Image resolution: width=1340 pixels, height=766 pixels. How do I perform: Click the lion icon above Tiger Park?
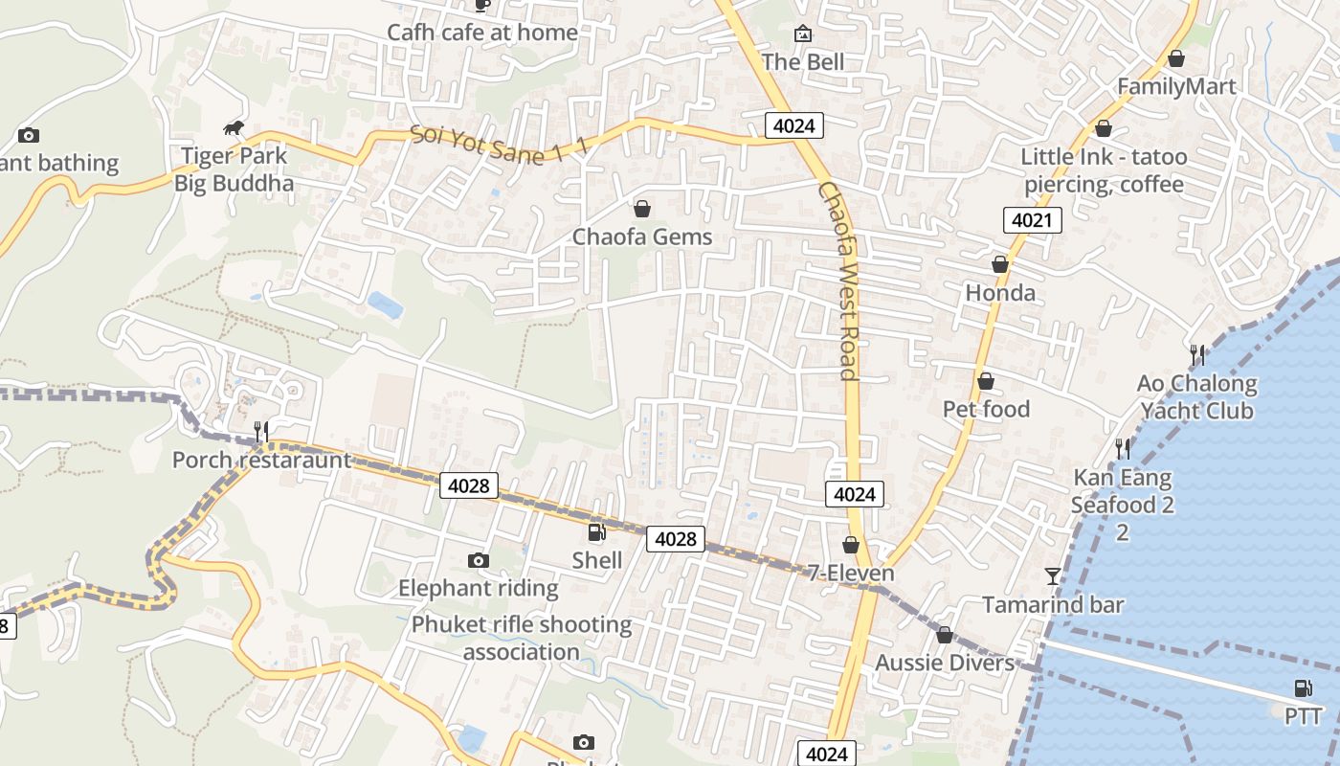point(234,128)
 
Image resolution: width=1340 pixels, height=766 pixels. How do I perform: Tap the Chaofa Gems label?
point(642,237)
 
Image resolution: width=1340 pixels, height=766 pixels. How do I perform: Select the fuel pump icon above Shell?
point(596,532)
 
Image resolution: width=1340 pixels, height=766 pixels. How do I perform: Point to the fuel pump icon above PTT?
point(1303,687)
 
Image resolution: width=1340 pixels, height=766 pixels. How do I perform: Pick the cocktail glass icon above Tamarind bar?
point(1053,575)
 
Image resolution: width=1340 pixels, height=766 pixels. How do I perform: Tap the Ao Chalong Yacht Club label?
point(1196,397)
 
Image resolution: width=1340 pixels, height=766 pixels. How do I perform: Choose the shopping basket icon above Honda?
point(1000,264)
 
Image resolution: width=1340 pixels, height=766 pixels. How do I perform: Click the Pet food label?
point(986,410)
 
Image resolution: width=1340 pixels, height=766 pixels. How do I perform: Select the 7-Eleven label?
point(851,574)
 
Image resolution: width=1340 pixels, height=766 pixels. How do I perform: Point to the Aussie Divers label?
point(945,663)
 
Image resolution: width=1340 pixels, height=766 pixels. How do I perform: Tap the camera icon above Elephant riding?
point(479,560)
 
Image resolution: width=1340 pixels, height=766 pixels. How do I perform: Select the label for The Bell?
point(803,62)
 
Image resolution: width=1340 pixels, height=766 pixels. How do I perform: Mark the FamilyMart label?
point(1176,87)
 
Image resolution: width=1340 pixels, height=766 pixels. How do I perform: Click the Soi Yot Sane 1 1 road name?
point(500,145)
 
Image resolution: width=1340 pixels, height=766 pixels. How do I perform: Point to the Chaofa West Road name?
point(837,281)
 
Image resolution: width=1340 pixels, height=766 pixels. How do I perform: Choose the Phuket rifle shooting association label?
point(522,639)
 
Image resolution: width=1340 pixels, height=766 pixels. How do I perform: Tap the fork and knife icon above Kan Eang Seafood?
point(1122,448)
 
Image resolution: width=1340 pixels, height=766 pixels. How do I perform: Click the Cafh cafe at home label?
point(482,33)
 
